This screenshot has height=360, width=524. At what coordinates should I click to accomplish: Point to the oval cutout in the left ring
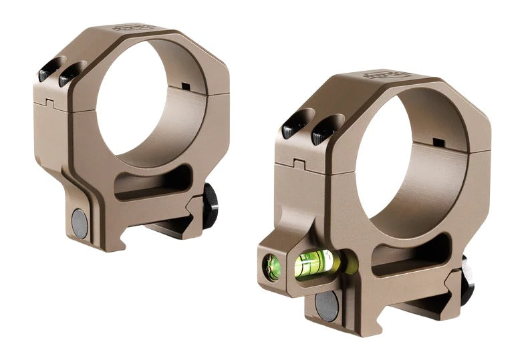(151, 183)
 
